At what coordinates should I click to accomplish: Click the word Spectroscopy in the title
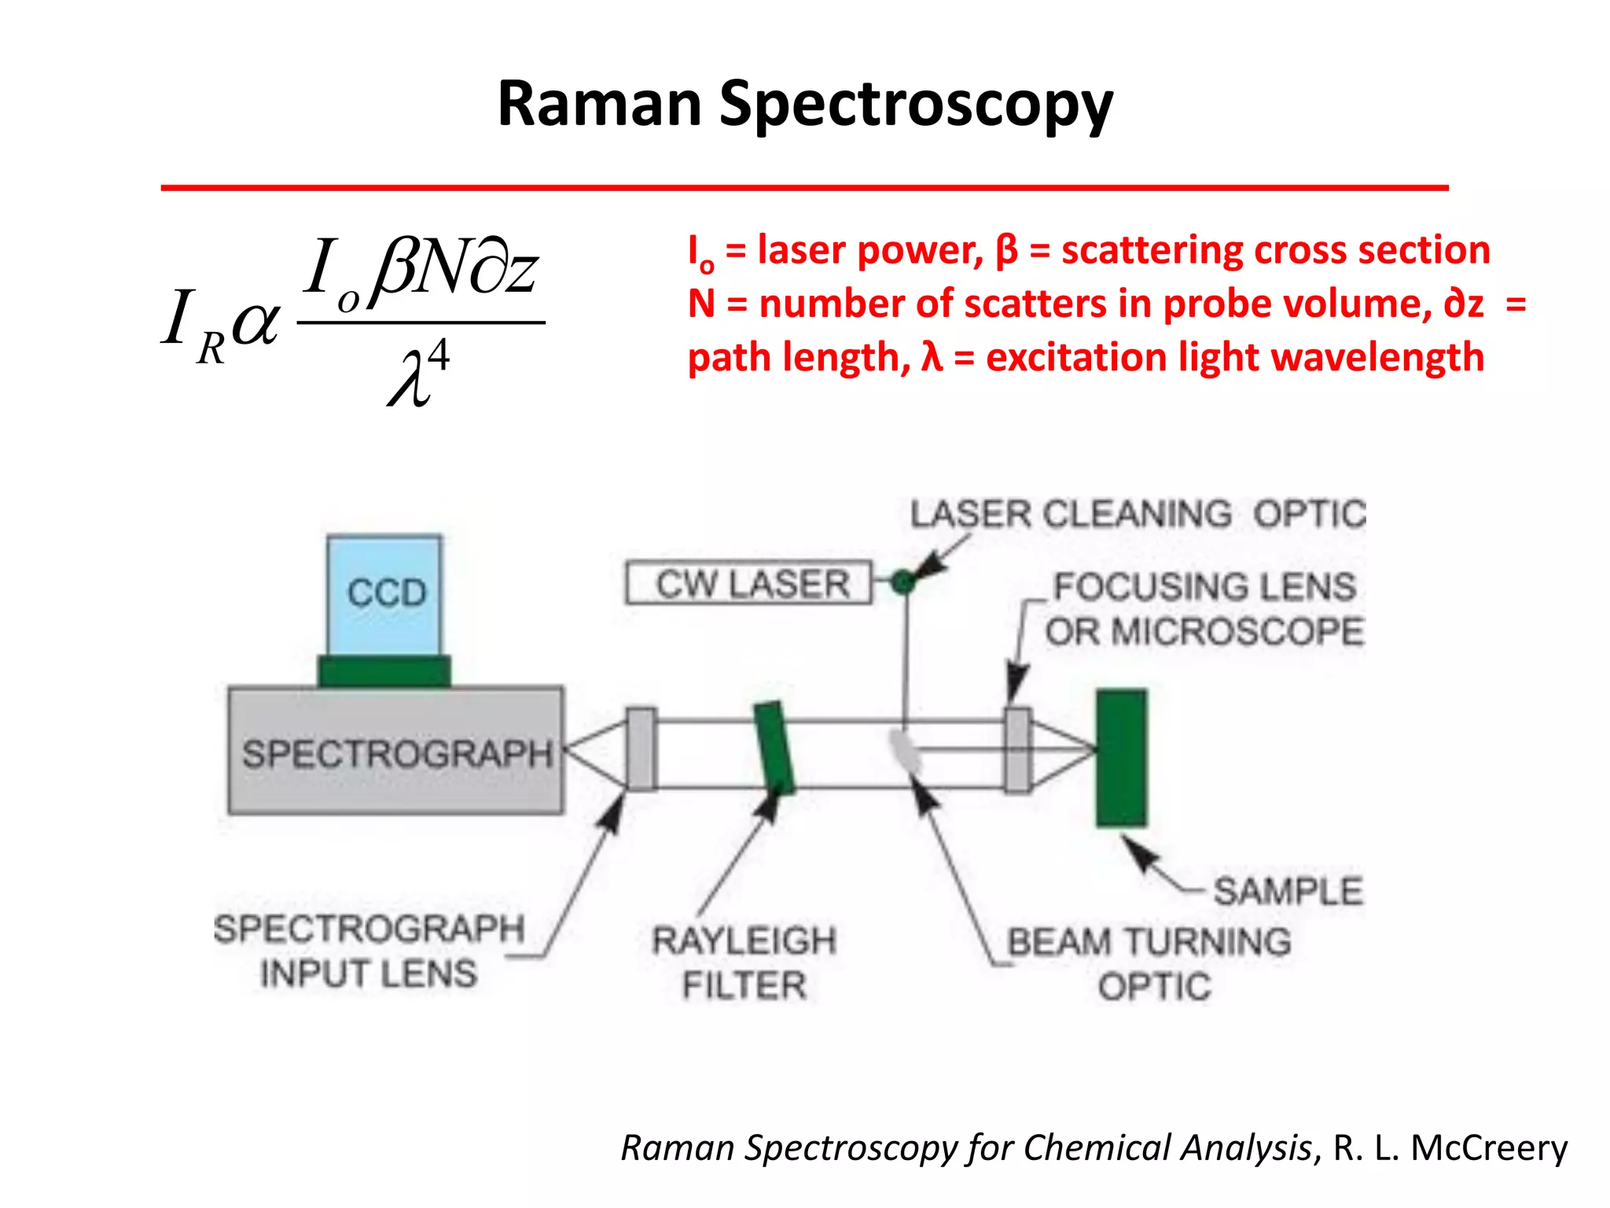coord(916,105)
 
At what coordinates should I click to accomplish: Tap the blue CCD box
coord(384,594)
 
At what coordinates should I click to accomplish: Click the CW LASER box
coord(749,584)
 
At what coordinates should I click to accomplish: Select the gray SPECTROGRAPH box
coord(395,751)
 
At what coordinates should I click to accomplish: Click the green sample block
coord(1121,757)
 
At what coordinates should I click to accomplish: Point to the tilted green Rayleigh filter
coord(774,746)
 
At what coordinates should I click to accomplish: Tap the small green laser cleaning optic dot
coord(904,582)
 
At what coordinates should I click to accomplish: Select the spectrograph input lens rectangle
coord(641,749)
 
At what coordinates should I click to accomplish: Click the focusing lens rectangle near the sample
coord(1017,750)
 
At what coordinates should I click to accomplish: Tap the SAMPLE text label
coord(1288,891)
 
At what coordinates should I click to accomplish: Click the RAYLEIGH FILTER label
coord(744,963)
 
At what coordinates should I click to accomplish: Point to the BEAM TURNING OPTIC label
coord(1150,963)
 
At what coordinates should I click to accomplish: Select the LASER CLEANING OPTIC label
coord(1138,514)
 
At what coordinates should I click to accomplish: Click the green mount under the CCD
coord(384,671)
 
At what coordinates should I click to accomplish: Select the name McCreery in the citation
coord(1489,1147)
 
